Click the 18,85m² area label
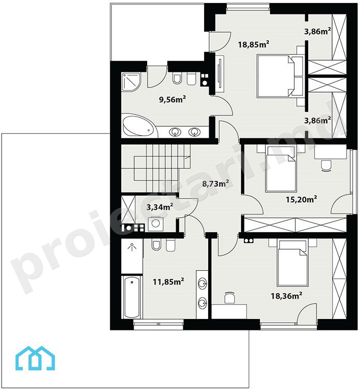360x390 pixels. [253, 44]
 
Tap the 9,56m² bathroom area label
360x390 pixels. [172, 99]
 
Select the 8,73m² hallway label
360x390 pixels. [215, 183]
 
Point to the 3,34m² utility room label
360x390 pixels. [160, 207]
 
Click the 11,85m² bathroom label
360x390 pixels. [168, 282]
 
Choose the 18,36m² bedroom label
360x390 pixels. [286, 296]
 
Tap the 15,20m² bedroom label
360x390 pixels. [301, 199]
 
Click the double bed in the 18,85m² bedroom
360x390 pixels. [276, 76]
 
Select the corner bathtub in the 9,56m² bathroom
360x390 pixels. [139, 125]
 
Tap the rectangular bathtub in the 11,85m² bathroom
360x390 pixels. [132, 297]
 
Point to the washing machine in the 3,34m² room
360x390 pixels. [156, 224]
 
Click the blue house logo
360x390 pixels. [35, 358]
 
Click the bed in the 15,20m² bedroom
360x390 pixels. [280, 170]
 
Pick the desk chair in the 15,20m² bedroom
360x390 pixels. [326, 166]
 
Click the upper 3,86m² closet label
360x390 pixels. [318, 32]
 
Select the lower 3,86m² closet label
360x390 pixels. [318, 120]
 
